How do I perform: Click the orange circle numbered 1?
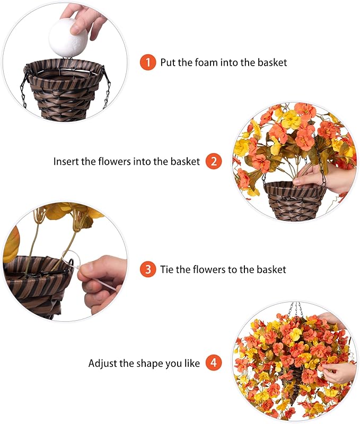148,62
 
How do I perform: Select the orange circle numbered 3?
148,269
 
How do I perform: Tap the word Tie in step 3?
168,269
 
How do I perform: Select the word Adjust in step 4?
102,364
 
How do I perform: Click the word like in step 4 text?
191,364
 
